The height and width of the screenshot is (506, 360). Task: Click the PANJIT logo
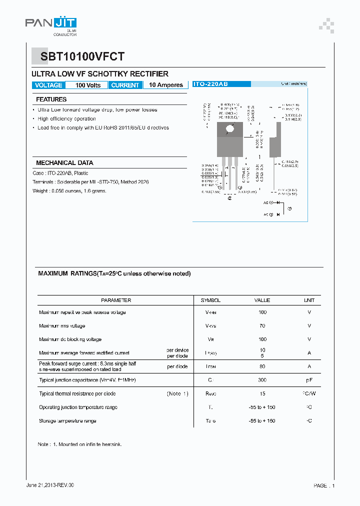pyautogui.click(x=51, y=23)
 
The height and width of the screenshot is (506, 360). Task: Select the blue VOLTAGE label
pyautogui.click(x=48, y=85)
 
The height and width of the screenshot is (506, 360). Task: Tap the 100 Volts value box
pyautogui.click(x=87, y=85)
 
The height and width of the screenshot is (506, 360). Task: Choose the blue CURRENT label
pyautogui.click(x=125, y=85)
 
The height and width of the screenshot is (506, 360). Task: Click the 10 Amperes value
pyautogui.click(x=166, y=85)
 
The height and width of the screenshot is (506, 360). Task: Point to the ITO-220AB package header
pyautogui.click(x=210, y=84)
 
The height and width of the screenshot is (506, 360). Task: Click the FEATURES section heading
pyautogui.click(x=51, y=99)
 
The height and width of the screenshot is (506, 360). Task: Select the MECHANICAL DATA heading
pyautogui.click(x=64, y=163)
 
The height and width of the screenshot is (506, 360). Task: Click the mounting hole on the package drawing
pyautogui.click(x=230, y=129)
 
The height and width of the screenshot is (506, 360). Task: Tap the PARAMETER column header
pyautogui.click(x=116, y=300)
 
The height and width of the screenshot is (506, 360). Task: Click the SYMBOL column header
pyautogui.click(x=210, y=300)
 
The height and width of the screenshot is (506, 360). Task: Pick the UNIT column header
pyautogui.click(x=309, y=300)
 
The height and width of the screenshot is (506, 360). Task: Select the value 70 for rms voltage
pyautogui.click(x=262, y=326)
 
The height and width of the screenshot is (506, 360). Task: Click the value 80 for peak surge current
pyautogui.click(x=262, y=366)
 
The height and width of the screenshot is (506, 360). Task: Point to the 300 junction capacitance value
pyautogui.click(x=262, y=380)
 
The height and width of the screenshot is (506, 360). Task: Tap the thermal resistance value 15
pyautogui.click(x=262, y=394)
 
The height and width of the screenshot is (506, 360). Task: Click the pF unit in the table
pyautogui.click(x=309, y=380)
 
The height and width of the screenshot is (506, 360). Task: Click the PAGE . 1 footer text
pyautogui.click(x=324, y=485)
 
